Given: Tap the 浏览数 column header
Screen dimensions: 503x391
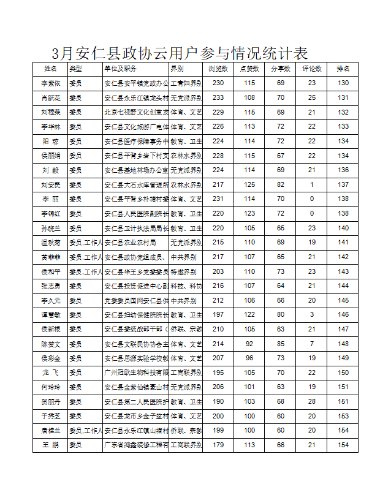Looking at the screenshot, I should coord(218,69).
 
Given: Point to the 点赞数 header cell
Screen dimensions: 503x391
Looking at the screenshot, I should coord(249,69).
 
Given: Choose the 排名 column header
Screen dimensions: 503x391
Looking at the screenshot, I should coord(343,69).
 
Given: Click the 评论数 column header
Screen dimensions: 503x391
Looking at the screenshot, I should coord(312,69).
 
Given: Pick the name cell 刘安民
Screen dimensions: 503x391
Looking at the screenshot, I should coord(51,184).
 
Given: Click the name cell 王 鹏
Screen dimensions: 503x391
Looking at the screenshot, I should coord(51,445).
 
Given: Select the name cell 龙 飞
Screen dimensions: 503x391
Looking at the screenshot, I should coord(51,373).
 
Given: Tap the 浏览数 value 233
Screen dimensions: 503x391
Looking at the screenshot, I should coord(218,97).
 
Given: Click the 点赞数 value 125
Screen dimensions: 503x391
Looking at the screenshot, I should coord(249,184).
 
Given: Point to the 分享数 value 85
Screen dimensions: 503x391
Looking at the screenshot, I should coord(281,344).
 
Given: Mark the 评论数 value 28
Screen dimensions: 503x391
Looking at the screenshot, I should coord(312,401).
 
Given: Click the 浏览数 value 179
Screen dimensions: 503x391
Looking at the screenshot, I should coord(218,445).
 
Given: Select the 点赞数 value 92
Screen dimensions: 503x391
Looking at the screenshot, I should coord(249,344).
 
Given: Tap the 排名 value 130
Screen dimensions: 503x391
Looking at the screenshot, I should coord(343,83).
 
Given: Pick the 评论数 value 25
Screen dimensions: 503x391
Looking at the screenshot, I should coord(312,97).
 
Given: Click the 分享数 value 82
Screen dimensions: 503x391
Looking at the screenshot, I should coord(281,184).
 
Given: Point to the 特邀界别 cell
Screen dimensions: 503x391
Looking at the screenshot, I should coord(184,271).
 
